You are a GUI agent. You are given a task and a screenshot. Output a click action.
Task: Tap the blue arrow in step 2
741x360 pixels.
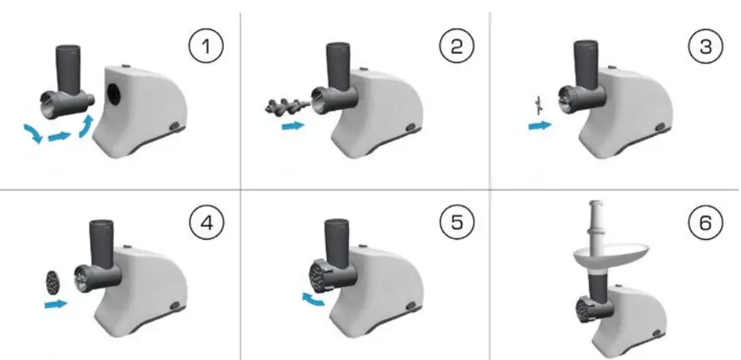point(293,126)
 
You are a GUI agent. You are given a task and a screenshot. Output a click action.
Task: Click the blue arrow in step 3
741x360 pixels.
point(541,125)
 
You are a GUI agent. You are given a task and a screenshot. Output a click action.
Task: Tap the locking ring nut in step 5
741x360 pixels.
point(318,275)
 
